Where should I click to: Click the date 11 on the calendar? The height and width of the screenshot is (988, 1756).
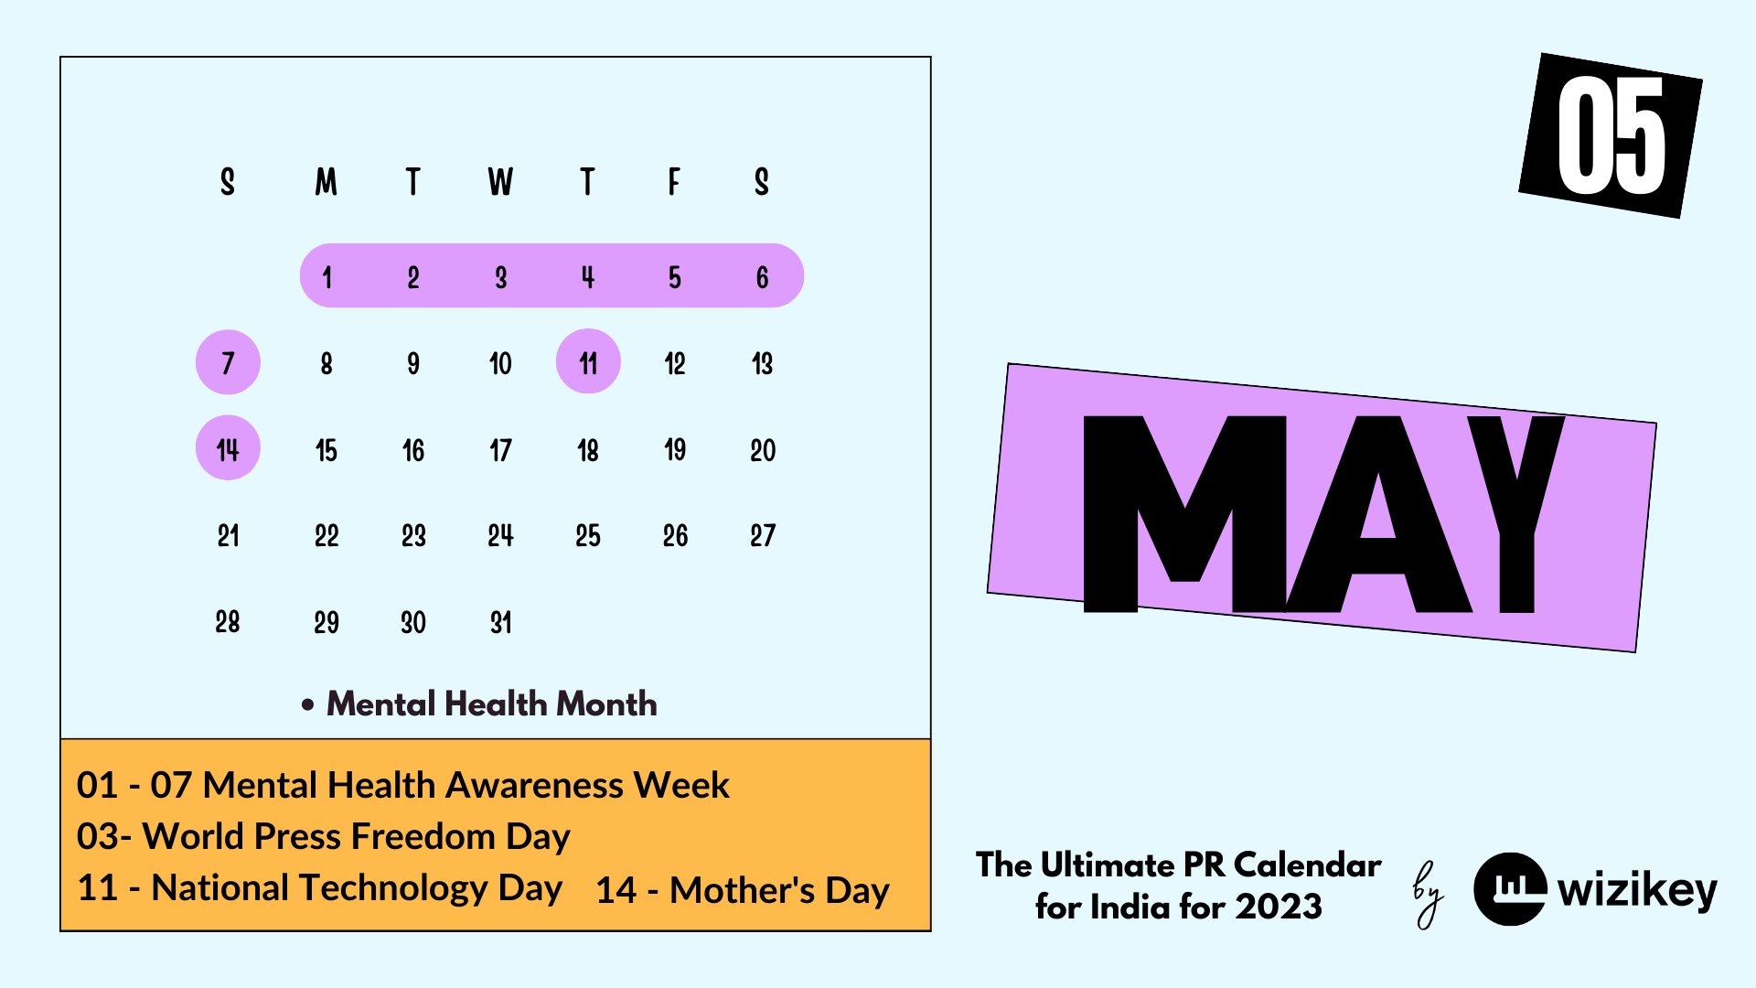(x=588, y=363)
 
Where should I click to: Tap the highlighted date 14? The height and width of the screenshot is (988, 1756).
(x=228, y=449)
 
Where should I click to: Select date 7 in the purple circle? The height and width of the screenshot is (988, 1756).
(x=228, y=363)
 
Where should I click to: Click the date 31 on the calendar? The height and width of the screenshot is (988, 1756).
(x=500, y=623)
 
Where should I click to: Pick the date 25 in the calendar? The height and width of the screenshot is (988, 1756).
(x=588, y=536)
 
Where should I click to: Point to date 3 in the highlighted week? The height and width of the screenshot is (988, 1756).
(x=500, y=277)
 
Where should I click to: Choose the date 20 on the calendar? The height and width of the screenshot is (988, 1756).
(x=763, y=450)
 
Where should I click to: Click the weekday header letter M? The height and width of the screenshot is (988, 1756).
(x=327, y=181)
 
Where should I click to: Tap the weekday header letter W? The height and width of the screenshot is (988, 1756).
(x=500, y=181)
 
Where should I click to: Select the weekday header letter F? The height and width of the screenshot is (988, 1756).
(x=674, y=181)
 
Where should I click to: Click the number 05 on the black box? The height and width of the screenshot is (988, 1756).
(x=1611, y=135)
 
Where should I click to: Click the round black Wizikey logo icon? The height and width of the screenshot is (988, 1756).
(x=1510, y=888)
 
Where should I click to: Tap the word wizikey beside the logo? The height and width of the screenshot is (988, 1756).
(x=1637, y=889)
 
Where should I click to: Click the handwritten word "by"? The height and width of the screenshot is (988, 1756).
(x=1428, y=894)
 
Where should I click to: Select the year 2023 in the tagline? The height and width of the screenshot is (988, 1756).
(x=1279, y=907)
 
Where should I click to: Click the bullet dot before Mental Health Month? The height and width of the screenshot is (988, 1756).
(x=308, y=704)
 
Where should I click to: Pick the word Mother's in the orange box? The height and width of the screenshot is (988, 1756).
(x=742, y=890)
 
